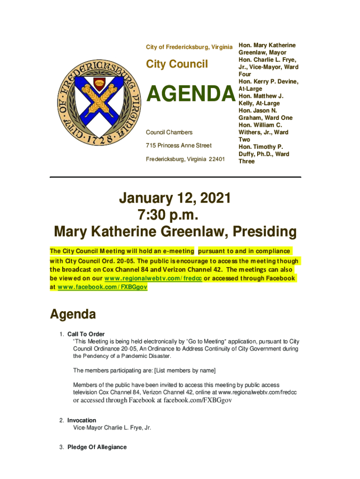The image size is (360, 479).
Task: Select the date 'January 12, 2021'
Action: click(175, 198)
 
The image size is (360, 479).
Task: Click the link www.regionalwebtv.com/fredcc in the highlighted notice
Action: click(153, 278)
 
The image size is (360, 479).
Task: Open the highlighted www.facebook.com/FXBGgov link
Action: click(101, 287)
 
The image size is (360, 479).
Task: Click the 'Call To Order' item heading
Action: click(86, 334)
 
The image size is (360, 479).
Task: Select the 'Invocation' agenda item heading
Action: click(82, 420)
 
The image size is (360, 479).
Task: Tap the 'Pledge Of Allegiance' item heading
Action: click(97, 447)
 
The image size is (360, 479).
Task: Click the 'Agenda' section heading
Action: click(73, 314)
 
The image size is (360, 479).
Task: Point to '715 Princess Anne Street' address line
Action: click(179, 146)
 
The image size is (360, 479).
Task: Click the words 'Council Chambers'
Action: click(169, 132)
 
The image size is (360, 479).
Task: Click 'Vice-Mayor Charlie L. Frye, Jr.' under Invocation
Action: click(112, 428)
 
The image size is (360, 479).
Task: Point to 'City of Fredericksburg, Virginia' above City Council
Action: click(189, 47)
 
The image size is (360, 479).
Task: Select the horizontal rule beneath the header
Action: click(175, 177)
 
